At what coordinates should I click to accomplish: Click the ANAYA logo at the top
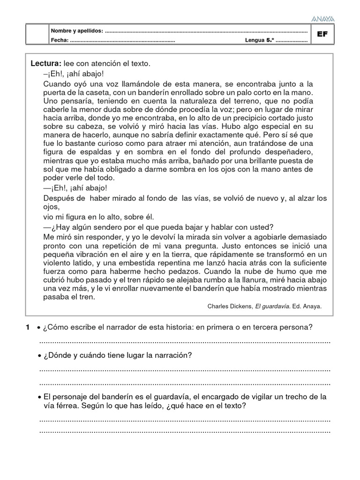point(322,19)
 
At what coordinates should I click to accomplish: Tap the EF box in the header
point(322,34)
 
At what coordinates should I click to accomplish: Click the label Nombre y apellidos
point(77,30)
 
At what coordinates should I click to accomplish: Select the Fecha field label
point(60,40)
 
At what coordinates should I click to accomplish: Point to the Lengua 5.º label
point(259,40)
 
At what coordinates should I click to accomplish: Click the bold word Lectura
point(45,63)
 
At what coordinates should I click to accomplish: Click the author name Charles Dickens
point(230,307)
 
